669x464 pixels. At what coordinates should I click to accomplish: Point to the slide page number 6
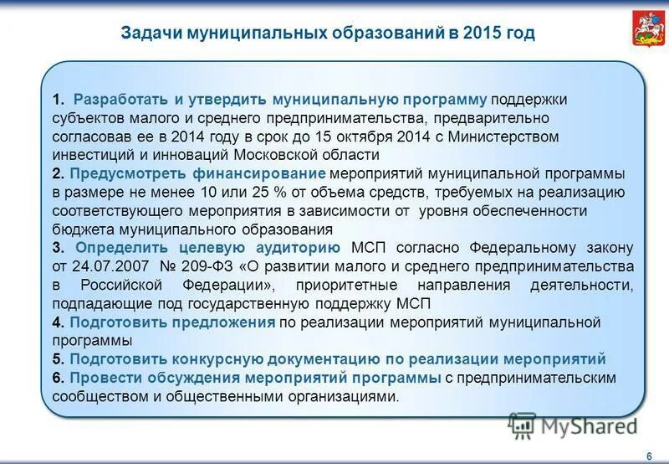coord(649,455)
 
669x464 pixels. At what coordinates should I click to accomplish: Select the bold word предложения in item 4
coord(227,322)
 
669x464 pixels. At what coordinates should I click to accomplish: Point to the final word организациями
coord(337,396)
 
